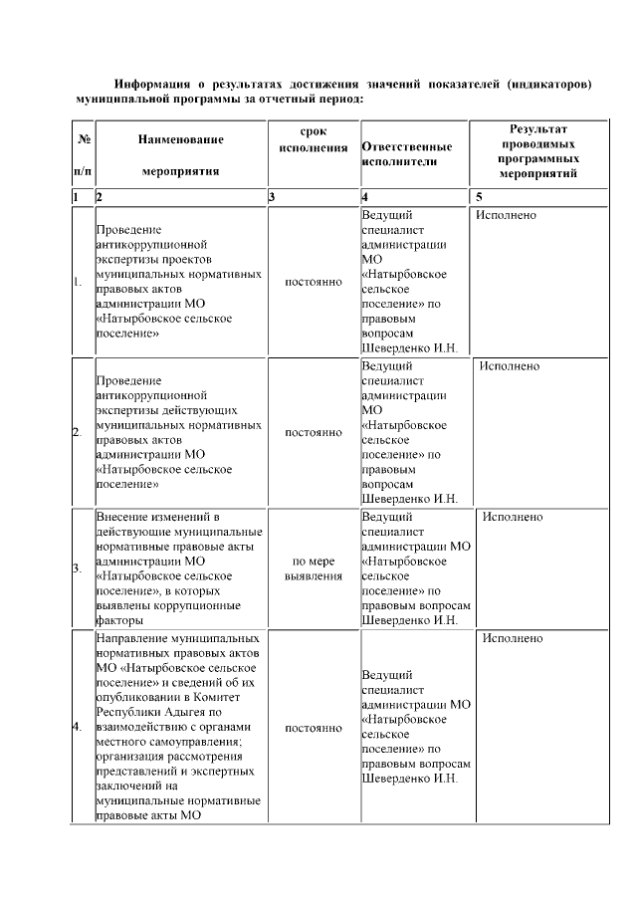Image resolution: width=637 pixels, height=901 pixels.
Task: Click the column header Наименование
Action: (x=181, y=139)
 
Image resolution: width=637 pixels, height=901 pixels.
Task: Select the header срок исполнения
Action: (x=314, y=140)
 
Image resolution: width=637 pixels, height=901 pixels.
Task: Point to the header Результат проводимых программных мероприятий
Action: (x=538, y=151)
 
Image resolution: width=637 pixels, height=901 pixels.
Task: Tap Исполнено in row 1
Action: (x=507, y=214)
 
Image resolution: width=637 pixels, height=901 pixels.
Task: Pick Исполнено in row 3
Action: (x=513, y=518)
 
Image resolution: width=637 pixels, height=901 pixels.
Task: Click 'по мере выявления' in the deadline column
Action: (x=314, y=568)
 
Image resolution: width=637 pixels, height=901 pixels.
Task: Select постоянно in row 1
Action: (x=314, y=283)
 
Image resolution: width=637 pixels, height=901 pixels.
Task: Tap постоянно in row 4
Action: (x=314, y=728)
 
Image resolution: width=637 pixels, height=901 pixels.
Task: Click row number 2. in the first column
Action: (x=77, y=433)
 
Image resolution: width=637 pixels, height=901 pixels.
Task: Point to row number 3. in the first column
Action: (x=77, y=568)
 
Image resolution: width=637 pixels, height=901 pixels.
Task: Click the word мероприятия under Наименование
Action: (x=181, y=170)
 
